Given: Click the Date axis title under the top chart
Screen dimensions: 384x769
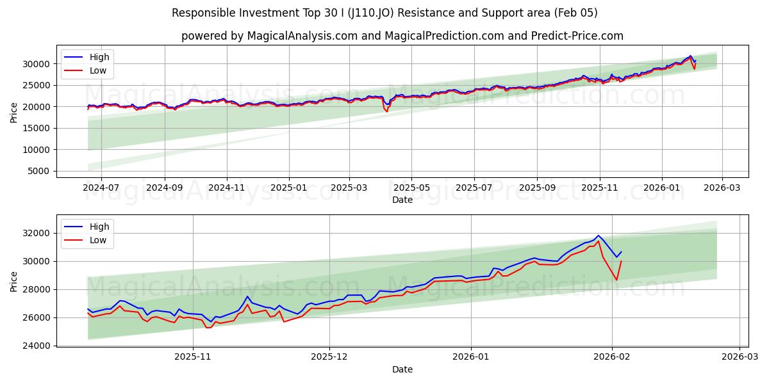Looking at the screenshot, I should click(402, 200).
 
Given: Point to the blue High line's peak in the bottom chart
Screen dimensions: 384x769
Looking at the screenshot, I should click(599, 236).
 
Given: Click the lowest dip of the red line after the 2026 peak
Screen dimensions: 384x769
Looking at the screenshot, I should click(616, 280).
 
